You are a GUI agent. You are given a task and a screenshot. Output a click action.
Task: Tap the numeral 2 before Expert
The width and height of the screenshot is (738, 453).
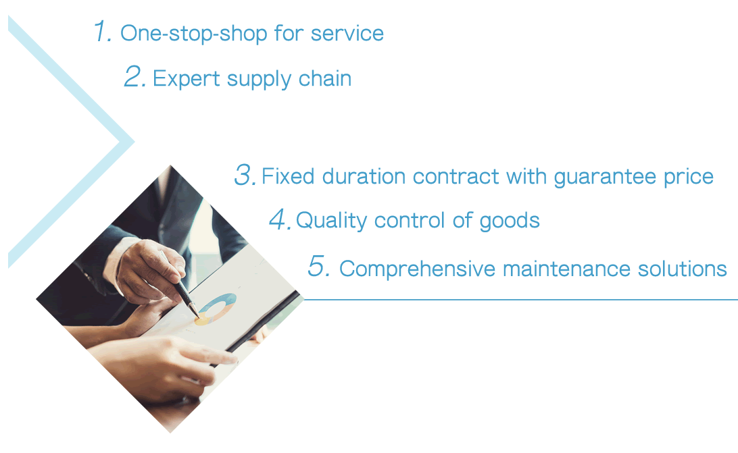(x=134, y=76)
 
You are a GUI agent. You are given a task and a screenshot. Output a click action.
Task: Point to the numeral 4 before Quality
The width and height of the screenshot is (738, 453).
(x=280, y=219)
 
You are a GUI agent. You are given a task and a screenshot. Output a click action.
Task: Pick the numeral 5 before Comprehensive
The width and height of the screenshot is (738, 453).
(x=318, y=265)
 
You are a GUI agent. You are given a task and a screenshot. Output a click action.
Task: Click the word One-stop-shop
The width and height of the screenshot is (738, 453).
(x=194, y=34)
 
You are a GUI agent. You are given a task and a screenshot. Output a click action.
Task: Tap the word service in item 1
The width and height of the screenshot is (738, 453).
(x=347, y=33)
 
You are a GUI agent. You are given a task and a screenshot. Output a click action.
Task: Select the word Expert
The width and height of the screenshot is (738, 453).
(x=187, y=79)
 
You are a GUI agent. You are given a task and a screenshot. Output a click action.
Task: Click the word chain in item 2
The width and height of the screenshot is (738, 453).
(x=325, y=78)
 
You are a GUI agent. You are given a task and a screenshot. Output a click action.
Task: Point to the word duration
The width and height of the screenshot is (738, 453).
(x=364, y=176)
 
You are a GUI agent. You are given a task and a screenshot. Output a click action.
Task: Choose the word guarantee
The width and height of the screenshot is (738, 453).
(x=605, y=178)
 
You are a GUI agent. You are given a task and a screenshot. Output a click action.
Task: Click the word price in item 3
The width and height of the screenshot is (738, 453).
(x=689, y=178)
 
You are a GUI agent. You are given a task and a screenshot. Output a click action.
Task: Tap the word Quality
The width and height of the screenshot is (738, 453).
(x=331, y=221)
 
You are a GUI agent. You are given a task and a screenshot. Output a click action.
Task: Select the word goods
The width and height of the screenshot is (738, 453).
(x=510, y=221)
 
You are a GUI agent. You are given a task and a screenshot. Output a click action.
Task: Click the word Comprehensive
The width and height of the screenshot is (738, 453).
(x=418, y=269)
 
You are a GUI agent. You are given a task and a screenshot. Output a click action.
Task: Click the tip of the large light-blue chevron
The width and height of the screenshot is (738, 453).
(x=134, y=141)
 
